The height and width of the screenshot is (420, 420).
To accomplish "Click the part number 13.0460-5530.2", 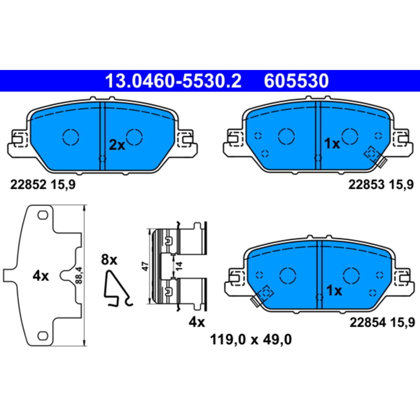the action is click(x=173, y=81).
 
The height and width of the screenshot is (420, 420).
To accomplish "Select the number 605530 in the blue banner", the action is click(x=296, y=81).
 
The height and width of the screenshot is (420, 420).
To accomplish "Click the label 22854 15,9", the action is click(x=382, y=323).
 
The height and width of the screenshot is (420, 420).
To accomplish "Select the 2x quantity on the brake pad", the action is click(x=117, y=146).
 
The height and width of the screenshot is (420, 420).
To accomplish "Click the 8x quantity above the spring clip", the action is click(x=109, y=260).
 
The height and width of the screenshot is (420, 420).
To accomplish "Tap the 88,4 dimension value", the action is click(x=79, y=275).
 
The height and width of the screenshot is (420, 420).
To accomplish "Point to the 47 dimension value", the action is click(x=146, y=267).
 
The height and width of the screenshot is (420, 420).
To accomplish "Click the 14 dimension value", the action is click(x=180, y=266).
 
